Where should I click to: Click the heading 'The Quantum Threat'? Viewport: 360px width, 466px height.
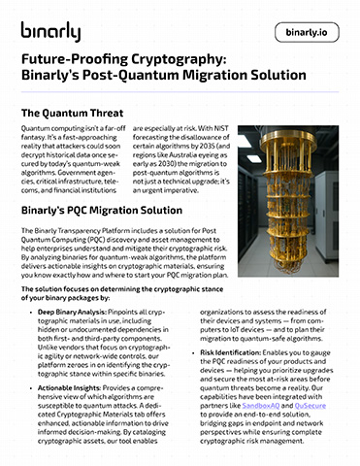(x=77, y=114)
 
